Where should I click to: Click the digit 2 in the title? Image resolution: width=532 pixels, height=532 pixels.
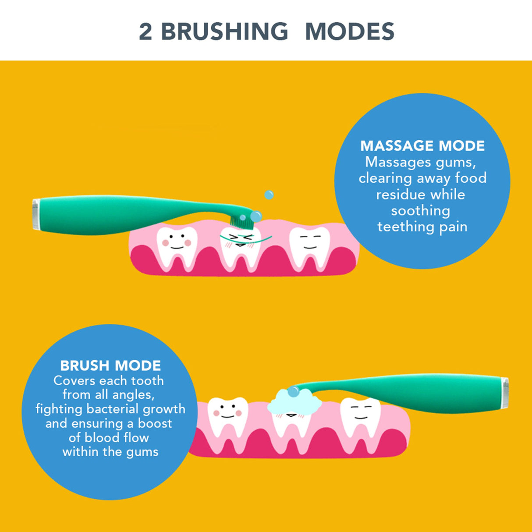pyautogui.click(x=145, y=32)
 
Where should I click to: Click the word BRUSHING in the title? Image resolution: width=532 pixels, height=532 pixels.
pyautogui.click(x=225, y=32)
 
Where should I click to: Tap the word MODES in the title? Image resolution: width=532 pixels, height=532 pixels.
pyautogui.click(x=349, y=32)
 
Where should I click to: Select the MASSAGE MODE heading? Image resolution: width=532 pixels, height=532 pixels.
pyautogui.click(x=422, y=146)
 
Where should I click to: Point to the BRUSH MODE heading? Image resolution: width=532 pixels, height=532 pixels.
pyautogui.click(x=110, y=365)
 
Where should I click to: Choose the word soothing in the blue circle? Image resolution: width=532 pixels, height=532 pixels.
pyautogui.click(x=420, y=211)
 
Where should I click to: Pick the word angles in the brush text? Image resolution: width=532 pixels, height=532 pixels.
pyautogui.click(x=133, y=395)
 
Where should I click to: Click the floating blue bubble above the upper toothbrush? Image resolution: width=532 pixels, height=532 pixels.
pyautogui.click(x=269, y=195)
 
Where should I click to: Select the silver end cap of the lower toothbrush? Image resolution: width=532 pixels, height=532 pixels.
pyautogui.click(x=504, y=393)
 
